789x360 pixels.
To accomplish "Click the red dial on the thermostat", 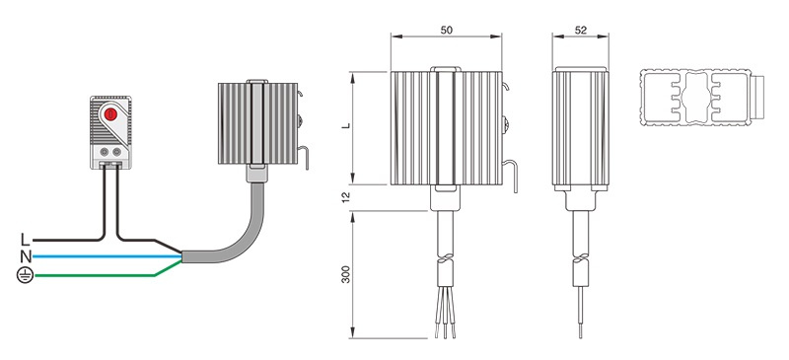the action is coord(110,114).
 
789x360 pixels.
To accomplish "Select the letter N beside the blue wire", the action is coord(26,257).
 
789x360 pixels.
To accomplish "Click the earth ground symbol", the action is coord(26,275).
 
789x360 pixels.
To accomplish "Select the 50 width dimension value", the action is coord(447,31).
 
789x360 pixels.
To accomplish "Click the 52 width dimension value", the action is coord(580,31).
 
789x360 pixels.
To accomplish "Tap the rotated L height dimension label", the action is coord(346,125).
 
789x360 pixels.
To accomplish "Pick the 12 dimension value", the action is coord(346,197).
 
